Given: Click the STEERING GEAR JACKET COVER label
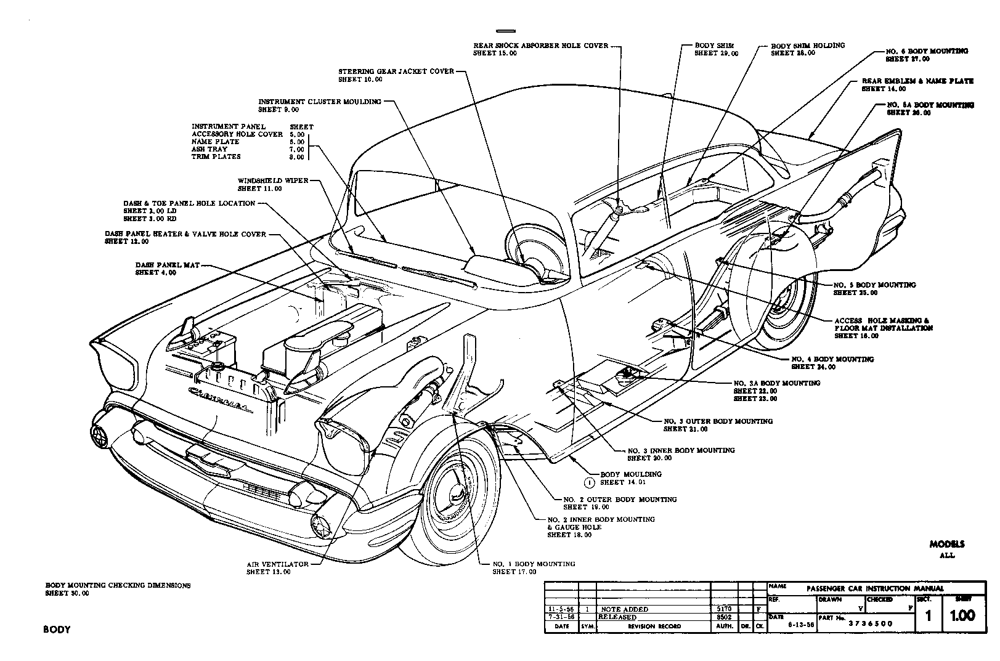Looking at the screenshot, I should click(x=396, y=71).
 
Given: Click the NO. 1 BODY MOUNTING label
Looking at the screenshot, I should click(x=534, y=564).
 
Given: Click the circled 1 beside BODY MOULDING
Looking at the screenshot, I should click(x=589, y=483).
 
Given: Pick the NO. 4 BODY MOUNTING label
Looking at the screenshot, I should click(x=832, y=359).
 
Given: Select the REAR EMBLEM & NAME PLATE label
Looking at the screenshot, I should click(x=917, y=81).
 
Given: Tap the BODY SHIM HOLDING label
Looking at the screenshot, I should click(x=808, y=46).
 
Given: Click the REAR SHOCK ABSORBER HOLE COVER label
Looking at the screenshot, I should click(x=540, y=46).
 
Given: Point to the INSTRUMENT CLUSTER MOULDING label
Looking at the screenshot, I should click(x=319, y=102).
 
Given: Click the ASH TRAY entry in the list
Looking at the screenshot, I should click(x=209, y=149).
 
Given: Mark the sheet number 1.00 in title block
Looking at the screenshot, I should click(x=962, y=615).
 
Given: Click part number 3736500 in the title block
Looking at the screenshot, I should click(x=871, y=623).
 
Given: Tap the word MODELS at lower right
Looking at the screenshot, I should click(x=947, y=545).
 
